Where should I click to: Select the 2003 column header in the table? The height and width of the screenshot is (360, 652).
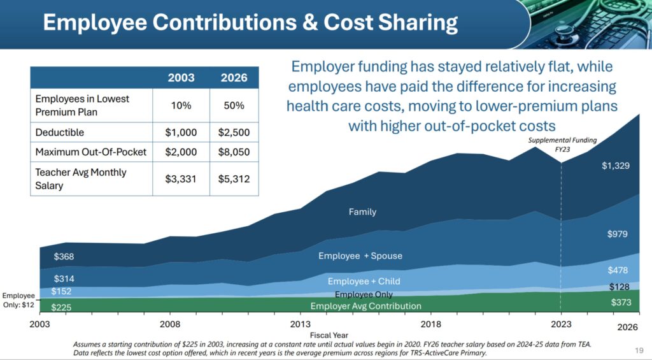(x=181, y=78)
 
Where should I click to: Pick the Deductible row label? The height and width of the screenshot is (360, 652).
(x=59, y=133)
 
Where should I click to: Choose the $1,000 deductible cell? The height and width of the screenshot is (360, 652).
(x=181, y=133)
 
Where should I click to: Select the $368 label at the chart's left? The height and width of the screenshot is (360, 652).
(x=64, y=257)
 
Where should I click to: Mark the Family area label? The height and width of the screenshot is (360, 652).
(x=362, y=212)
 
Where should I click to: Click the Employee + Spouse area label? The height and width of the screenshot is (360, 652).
(x=360, y=256)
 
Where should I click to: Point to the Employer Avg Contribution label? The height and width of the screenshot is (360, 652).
(x=366, y=306)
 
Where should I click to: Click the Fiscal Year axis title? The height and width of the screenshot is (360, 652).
(x=329, y=334)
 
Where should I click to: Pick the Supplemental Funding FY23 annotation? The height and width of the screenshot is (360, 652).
(x=560, y=145)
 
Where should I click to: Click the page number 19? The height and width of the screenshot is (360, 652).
(x=639, y=350)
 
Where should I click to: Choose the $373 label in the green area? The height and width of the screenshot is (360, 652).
(x=620, y=302)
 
